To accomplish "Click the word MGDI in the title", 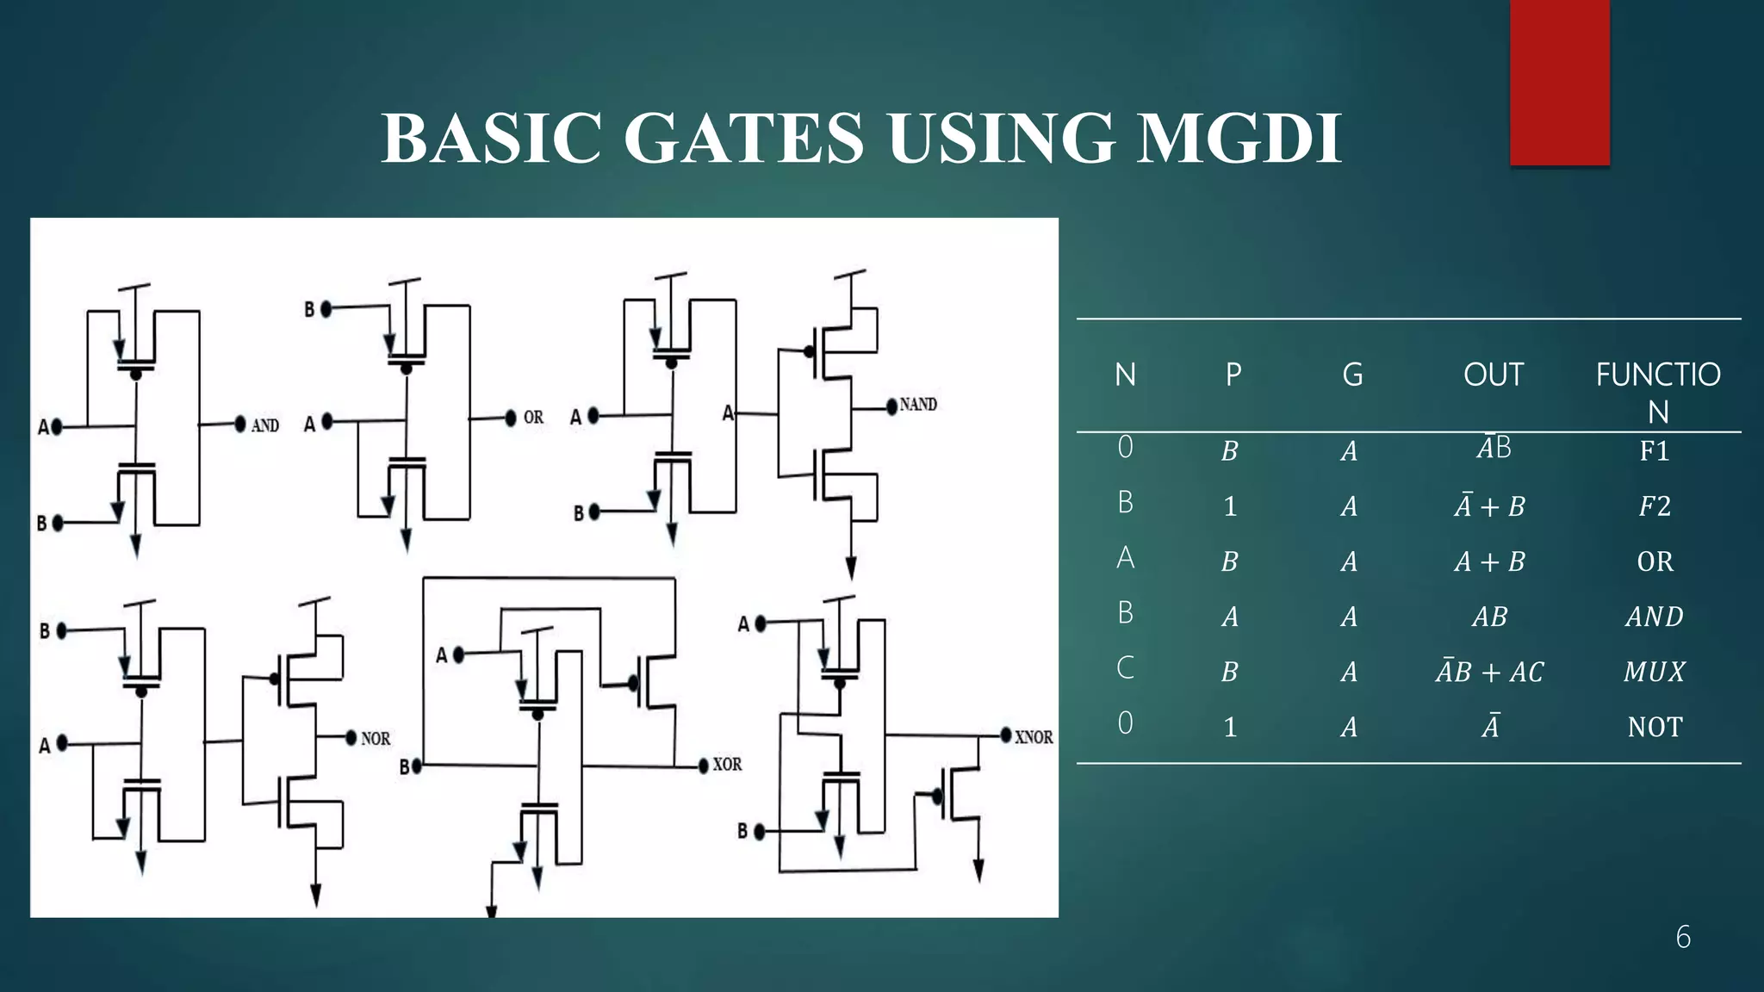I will click(x=1239, y=138).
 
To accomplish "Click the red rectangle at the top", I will click(x=1559, y=83).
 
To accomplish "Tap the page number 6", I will click(x=1683, y=937).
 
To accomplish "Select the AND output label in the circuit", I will click(x=265, y=425).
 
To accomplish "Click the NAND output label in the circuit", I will click(x=918, y=405).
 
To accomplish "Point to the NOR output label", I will click(x=376, y=739).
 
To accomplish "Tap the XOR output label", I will click(x=727, y=765).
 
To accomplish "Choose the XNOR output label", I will click(x=1034, y=737).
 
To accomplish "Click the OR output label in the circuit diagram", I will click(x=533, y=418).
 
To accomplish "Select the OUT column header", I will click(x=1493, y=375).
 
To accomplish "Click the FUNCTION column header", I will click(x=1657, y=392).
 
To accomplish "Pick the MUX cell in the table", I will click(x=1654, y=672).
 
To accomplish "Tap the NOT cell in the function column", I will click(x=1654, y=727).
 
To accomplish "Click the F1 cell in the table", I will click(x=1654, y=450).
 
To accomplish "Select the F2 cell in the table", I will click(x=1654, y=505).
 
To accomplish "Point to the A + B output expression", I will click(x=1490, y=561).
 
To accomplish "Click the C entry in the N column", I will click(x=1125, y=668).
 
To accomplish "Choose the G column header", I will click(x=1352, y=375).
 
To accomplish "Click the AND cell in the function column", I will click(x=1654, y=617).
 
